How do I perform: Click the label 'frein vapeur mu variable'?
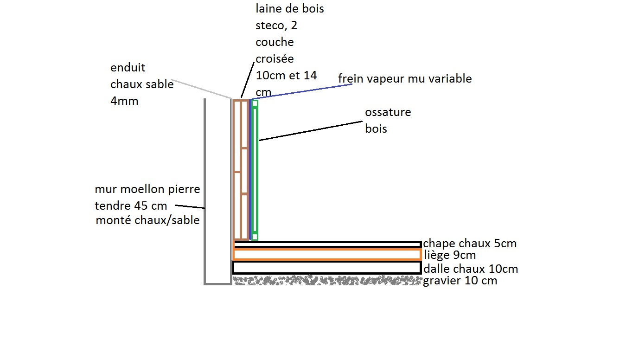pyautogui.click(x=405, y=79)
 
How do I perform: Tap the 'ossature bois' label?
pyautogui.click(x=388, y=120)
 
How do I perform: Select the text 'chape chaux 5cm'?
pyautogui.click(x=470, y=244)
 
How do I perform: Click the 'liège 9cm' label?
pyautogui.click(x=450, y=255)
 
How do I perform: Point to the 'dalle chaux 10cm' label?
pyautogui.click(x=471, y=269)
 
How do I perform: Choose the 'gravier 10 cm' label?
pyautogui.click(x=460, y=281)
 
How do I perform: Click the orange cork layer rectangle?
pyautogui.click(x=327, y=255)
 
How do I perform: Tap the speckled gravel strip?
pyautogui.click(x=327, y=280)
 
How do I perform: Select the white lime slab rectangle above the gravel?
pyautogui.click(x=327, y=268)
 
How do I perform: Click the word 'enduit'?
pyautogui.click(x=128, y=68)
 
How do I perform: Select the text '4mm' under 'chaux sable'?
pyautogui.click(x=124, y=101)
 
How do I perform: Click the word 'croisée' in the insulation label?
pyautogui.click(x=275, y=59)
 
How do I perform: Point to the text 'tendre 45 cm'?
pyautogui.click(x=131, y=206)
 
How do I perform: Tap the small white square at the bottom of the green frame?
pyautogui.click(x=255, y=237)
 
